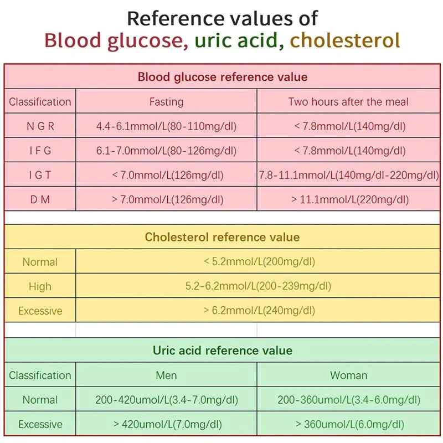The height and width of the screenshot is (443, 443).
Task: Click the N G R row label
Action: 40,126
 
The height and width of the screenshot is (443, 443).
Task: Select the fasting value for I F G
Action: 166,151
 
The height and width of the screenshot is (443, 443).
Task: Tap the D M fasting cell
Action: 166,199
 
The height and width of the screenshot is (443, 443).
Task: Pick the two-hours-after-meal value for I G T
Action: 349,175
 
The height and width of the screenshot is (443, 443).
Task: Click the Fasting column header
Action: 166,102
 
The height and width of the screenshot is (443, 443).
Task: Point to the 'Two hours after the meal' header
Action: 349,102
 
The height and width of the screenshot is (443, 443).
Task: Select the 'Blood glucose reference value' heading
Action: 222,77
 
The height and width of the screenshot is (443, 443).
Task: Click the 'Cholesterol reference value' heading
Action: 222,238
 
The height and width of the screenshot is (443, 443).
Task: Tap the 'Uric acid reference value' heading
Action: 222,351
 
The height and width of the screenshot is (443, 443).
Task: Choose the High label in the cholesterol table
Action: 40,286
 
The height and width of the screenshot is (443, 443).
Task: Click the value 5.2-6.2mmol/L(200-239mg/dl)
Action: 258,286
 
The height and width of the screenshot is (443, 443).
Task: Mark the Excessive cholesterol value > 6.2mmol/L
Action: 258,311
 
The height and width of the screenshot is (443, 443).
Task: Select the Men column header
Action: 166,375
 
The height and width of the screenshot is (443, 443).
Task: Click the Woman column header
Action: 349,375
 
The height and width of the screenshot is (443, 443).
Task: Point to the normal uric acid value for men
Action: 166,400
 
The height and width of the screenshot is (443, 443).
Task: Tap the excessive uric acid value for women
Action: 349,424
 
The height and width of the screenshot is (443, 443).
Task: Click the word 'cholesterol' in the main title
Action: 344,40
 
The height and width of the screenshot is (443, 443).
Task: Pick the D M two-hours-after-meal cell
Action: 349,199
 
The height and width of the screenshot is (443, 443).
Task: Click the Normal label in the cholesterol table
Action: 40,262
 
